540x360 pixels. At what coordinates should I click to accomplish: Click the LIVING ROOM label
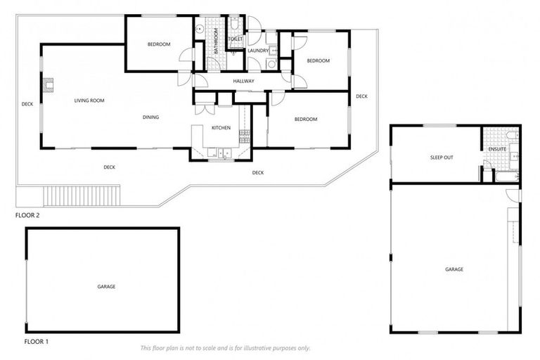[89, 101]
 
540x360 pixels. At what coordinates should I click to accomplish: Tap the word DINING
[150, 117]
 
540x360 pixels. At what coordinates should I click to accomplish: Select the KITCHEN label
[221, 128]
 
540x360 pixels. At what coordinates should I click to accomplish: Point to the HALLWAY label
[243, 82]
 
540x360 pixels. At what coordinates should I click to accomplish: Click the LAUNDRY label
[258, 51]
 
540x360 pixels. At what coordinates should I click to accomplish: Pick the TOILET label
[236, 39]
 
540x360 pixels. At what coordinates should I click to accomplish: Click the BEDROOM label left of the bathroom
[159, 44]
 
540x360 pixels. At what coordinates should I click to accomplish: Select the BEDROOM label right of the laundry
[318, 60]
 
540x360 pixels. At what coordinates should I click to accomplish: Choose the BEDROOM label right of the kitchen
[305, 120]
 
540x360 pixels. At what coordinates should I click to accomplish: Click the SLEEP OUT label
[442, 157]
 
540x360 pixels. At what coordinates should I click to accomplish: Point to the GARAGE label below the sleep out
[454, 269]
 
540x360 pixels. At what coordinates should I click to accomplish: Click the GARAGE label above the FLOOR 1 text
[106, 286]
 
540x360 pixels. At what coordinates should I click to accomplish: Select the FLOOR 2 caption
[27, 215]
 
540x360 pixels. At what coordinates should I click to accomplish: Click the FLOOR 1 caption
[37, 342]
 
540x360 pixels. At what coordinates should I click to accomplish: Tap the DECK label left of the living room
[27, 104]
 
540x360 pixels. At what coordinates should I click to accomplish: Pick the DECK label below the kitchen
[258, 172]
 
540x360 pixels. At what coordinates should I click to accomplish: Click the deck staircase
[82, 195]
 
